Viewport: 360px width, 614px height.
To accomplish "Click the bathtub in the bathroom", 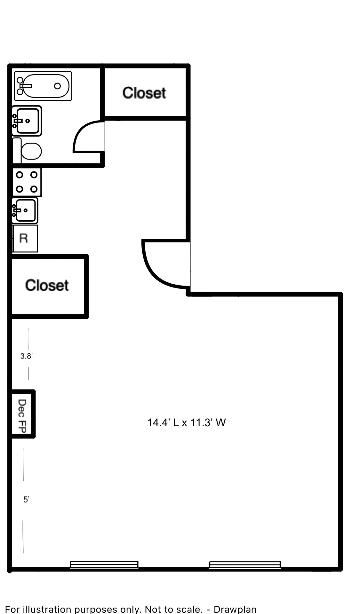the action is pyautogui.click(x=43, y=86).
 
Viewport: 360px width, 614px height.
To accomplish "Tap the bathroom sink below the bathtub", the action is pyautogui.click(x=27, y=121).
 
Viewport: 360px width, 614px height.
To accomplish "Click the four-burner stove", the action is pyautogui.click(x=27, y=182).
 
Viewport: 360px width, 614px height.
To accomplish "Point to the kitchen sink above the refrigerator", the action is pyautogui.click(x=25, y=210).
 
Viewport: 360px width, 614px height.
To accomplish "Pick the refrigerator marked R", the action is pyautogui.click(x=25, y=239).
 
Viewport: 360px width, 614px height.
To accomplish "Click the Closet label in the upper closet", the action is pyautogui.click(x=144, y=93).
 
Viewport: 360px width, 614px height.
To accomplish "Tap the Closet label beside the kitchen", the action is pyautogui.click(x=47, y=286).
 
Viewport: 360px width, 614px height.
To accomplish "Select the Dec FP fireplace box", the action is pyautogui.click(x=22, y=414).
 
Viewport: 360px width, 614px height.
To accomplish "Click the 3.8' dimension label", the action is pyautogui.click(x=27, y=356).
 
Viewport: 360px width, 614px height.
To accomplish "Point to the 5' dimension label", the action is pyautogui.click(x=26, y=500).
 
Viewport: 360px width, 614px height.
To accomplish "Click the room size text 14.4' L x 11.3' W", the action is pyautogui.click(x=187, y=423).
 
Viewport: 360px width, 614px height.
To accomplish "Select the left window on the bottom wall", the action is pyautogui.click(x=104, y=565).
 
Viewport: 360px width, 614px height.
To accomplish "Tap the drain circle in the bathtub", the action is pyautogui.click(x=58, y=86).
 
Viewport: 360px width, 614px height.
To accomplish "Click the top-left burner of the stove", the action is pyautogui.click(x=20, y=175).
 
